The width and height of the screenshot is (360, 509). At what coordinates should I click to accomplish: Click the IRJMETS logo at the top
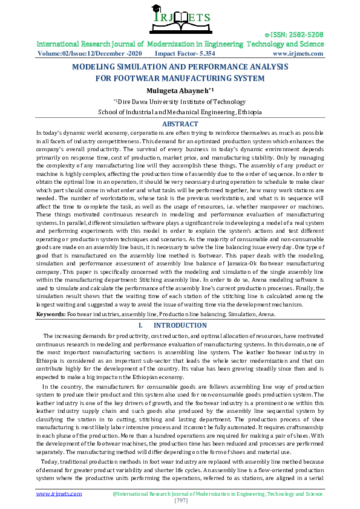[x=180, y=18]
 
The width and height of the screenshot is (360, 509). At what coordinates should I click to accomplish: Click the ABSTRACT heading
[x=180, y=123]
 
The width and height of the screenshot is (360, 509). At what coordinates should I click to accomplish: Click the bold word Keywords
[x=51, y=314]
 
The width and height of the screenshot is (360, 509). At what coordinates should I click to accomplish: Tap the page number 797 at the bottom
[x=180, y=501]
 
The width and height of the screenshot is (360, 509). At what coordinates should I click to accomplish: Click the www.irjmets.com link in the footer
[x=59, y=493]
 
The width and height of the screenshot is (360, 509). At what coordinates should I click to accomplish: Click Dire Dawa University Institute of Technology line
[x=181, y=102]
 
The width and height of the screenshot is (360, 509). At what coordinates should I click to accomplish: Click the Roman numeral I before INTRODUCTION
[x=140, y=325]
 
